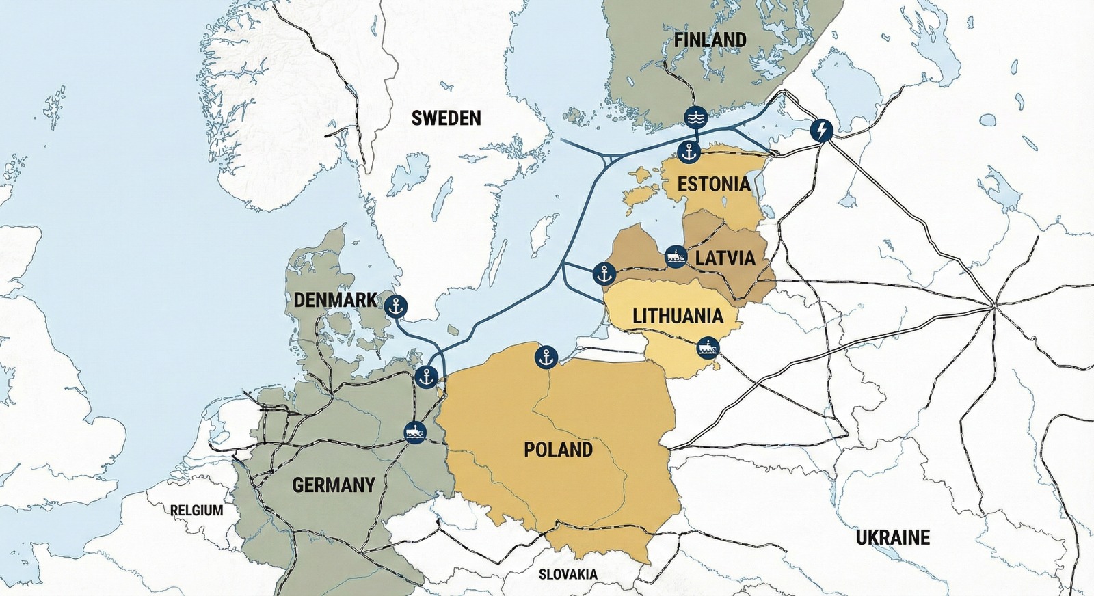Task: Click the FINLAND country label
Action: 710,40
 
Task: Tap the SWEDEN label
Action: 446,118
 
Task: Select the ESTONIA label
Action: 713,184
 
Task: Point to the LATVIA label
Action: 725,258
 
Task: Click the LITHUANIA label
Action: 677,316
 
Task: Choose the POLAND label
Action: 558,450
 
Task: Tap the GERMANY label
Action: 334,485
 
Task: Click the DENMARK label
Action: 335,299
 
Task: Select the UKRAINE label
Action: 892,537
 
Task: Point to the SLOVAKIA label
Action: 568,574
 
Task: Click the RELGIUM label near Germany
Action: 196,510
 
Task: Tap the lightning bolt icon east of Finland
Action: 821,130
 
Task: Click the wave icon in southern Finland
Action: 697,118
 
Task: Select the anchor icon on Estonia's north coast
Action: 689,152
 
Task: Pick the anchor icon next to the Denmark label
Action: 395,306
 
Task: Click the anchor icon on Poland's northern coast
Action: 545,356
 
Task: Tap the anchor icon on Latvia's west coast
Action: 603,274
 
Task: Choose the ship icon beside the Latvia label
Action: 676,256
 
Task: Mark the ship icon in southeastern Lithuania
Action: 708,348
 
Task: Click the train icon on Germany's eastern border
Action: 414,432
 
